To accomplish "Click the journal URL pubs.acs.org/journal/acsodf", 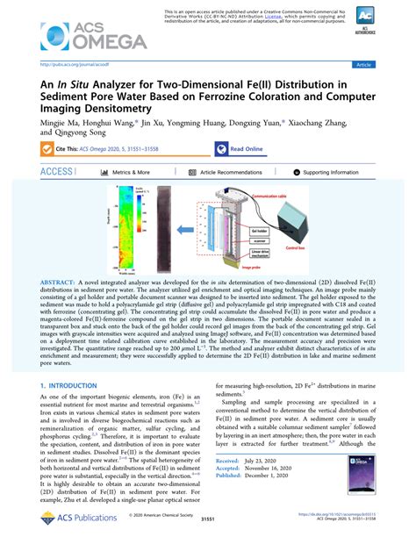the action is point(68,64).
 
